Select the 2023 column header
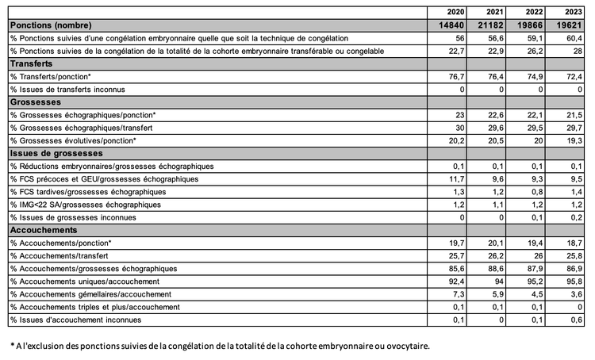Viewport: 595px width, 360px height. click(573, 12)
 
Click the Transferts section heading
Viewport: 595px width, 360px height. click(33, 64)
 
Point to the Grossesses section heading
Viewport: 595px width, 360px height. click(36, 102)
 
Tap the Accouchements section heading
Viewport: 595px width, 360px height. click(43, 230)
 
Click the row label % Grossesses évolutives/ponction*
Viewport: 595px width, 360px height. click(73, 140)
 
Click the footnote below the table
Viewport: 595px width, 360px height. click(219, 347)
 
